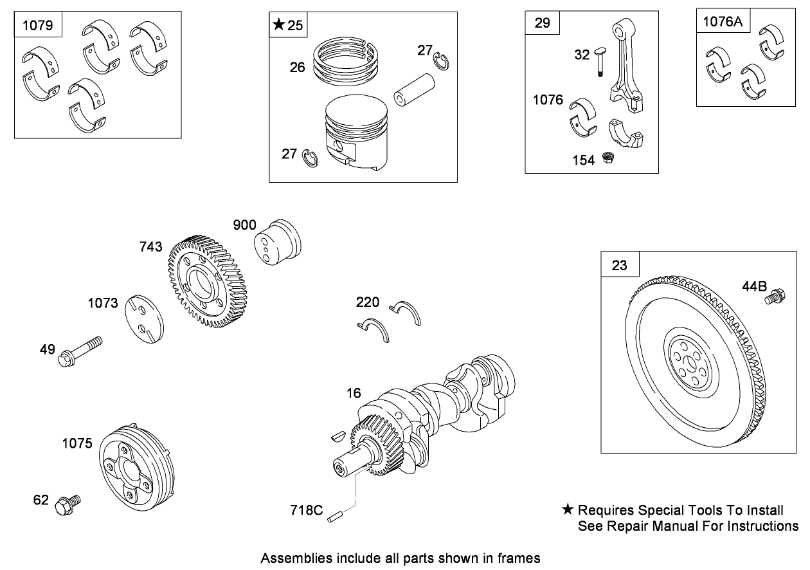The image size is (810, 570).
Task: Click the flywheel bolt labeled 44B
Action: (x=773, y=297)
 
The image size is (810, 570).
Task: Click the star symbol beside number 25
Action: (x=278, y=25)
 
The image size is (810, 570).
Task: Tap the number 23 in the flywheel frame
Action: (x=619, y=265)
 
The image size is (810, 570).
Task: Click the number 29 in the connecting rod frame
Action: (x=543, y=23)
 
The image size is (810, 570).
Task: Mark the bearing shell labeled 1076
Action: (x=583, y=117)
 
